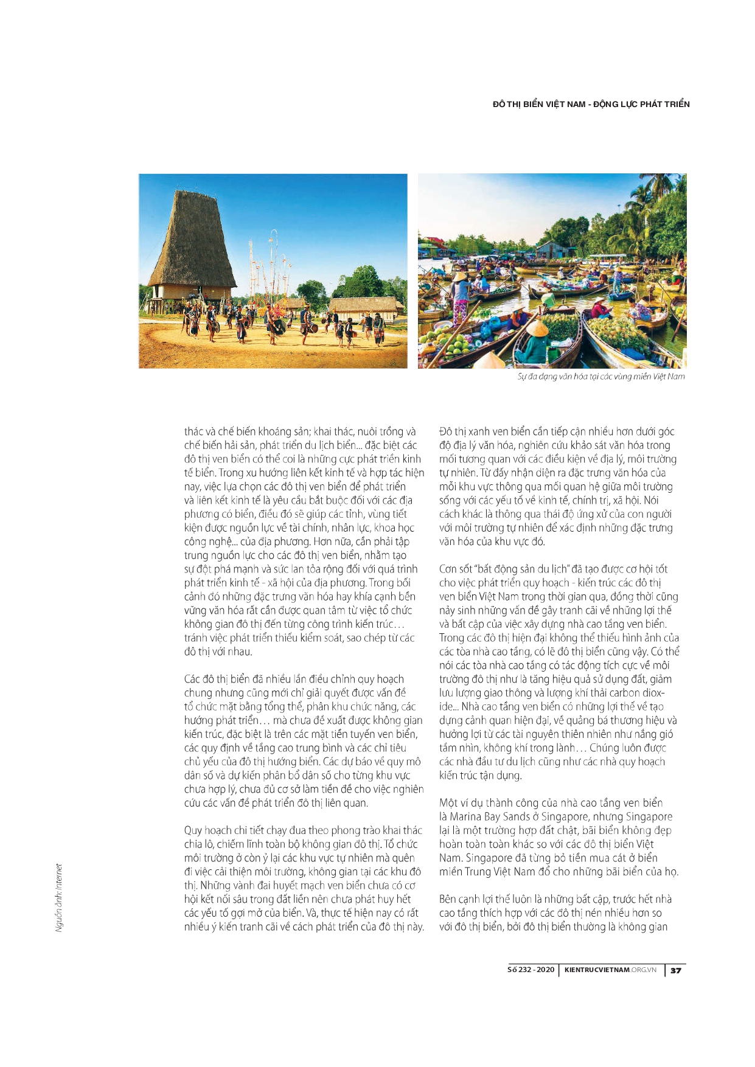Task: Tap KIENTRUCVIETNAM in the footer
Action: pos(597,970)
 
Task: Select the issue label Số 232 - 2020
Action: pos(531,970)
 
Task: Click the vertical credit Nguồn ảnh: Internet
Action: pos(59,898)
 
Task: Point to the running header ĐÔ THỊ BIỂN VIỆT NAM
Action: pos(538,104)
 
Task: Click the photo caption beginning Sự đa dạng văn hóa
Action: pos(600,377)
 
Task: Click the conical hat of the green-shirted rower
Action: pos(537,328)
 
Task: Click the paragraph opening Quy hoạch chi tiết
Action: pos(304,878)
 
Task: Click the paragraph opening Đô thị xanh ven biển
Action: pos(557,486)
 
